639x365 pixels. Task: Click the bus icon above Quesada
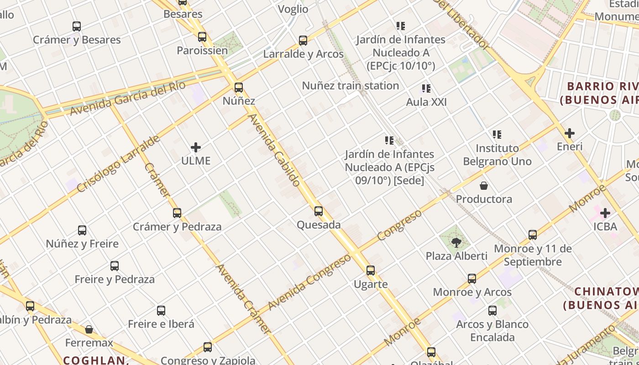click(x=319, y=211)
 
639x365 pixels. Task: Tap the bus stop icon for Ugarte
click(x=371, y=271)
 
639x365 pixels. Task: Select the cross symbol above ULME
click(x=196, y=147)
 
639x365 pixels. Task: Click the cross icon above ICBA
click(x=605, y=213)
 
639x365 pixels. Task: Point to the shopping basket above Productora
click(x=484, y=186)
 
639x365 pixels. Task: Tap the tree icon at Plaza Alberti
click(x=456, y=242)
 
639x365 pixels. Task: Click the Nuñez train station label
click(x=351, y=86)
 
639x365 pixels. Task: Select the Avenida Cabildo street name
click(x=274, y=150)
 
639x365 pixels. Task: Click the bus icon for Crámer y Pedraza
click(x=177, y=213)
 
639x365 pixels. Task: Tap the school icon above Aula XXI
click(x=426, y=89)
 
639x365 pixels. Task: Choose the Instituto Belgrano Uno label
click(x=497, y=155)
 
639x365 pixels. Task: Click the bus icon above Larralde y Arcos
click(x=303, y=41)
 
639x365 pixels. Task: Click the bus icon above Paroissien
click(x=202, y=37)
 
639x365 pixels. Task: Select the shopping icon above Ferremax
click(x=89, y=329)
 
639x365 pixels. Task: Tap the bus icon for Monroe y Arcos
click(x=472, y=278)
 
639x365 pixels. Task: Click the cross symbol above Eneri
click(x=570, y=134)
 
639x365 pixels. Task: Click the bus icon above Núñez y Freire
click(x=82, y=230)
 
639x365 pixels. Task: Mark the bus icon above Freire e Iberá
click(x=161, y=311)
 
